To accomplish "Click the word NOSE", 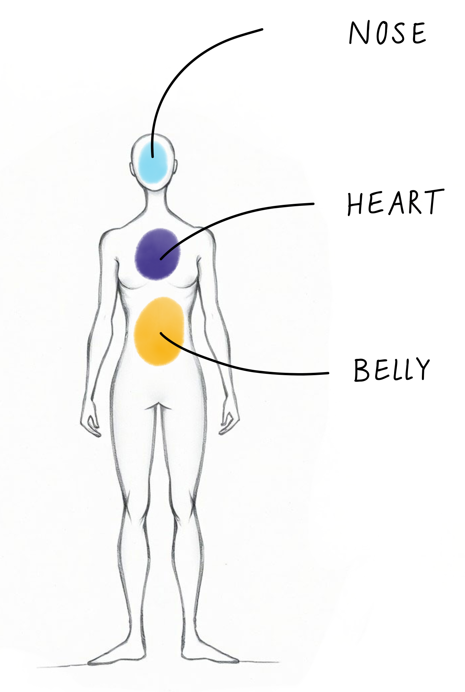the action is (x=388, y=33).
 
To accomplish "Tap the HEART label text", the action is (x=395, y=203).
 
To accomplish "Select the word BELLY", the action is (x=392, y=369).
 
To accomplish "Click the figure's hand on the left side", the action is (x=90, y=422).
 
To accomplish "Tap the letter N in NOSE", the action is (x=359, y=33).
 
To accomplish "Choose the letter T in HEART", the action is (x=435, y=202).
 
